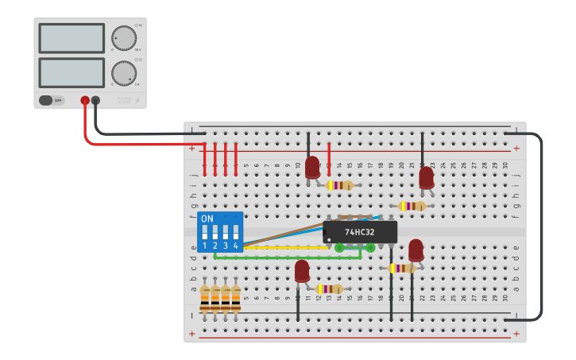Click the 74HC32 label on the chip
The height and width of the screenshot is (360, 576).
(360, 232)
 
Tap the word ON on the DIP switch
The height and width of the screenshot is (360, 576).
(207, 219)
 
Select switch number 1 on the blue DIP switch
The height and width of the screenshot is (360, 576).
(205, 233)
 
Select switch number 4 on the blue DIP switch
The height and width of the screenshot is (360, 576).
(235, 233)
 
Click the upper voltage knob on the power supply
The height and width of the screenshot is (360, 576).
(123, 37)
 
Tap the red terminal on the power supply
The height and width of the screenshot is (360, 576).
(85, 101)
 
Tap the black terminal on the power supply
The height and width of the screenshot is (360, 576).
(95, 101)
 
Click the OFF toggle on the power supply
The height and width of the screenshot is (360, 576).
(51, 101)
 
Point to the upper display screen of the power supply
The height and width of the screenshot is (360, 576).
(72, 38)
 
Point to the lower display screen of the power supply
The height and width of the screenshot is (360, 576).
(72, 72)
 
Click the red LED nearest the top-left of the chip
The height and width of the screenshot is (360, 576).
(312, 167)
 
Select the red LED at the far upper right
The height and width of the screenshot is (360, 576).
(427, 176)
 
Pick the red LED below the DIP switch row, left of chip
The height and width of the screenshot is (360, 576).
(302, 271)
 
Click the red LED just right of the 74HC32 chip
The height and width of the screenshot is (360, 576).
(416, 250)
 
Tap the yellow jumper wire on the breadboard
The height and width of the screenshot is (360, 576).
(270, 247)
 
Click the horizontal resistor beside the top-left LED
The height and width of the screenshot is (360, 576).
(340, 185)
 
